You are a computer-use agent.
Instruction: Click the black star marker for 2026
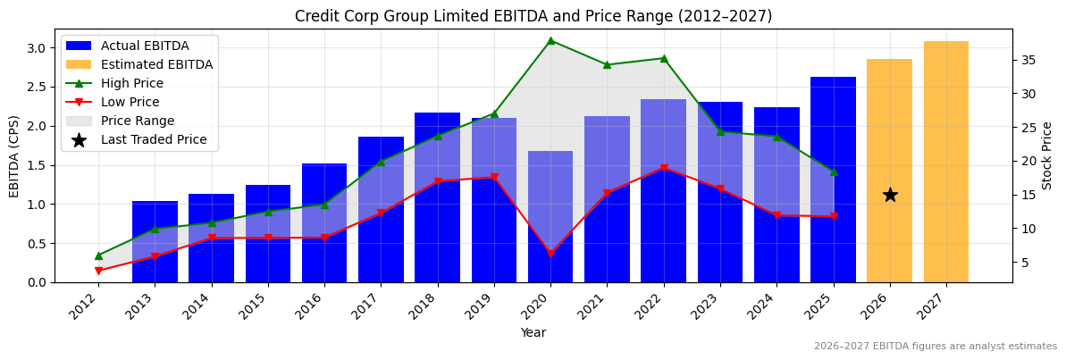point(890,195)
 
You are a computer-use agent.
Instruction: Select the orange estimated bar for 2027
point(946,161)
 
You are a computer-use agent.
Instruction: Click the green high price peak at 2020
point(550,40)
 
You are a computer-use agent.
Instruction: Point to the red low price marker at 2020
point(550,254)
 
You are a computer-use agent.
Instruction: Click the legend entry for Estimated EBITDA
point(156,64)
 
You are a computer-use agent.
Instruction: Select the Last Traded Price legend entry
point(154,139)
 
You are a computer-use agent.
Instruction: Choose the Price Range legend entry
point(138,121)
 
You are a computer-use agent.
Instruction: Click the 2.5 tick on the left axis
point(39,87)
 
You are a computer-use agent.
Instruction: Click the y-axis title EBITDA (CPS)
point(14,155)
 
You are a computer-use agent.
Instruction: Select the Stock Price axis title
point(1047,155)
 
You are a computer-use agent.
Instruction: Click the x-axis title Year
point(533,333)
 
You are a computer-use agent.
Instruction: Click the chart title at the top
point(533,16)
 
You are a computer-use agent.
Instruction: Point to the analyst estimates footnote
point(935,347)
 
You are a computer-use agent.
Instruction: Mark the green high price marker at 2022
point(663,58)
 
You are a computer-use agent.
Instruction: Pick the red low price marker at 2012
point(98,271)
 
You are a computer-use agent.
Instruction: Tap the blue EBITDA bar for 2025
point(833,179)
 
